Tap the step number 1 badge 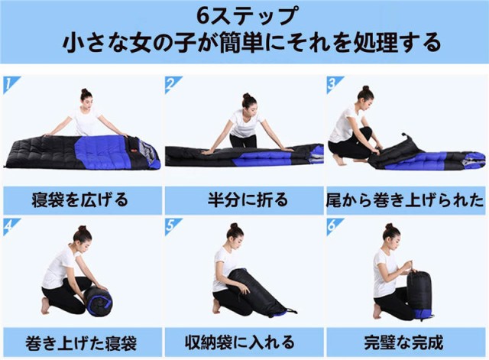pyautogui.click(x=8, y=83)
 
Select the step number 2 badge pyautogui.click(x=172, y=83)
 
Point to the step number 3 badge pyautogui.click(x=333, y=83)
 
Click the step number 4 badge pyautogui.click(x=8, y=225)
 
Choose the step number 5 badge pyautogui.click(x=172, y=225)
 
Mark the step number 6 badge pyautogui.click(x=333, y=225)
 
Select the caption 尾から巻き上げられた pyautogui.click(x=406, y=200)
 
